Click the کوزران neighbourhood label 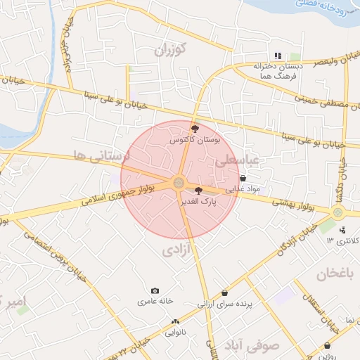click(169, 49)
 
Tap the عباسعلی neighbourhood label click(237, 161)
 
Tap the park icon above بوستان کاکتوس click(195, 129)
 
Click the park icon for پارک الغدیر click(198, 190)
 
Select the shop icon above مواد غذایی click(243, 179)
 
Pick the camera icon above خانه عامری click(155, 290)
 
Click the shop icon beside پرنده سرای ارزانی click(225, 292)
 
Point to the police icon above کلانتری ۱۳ click(342, 229)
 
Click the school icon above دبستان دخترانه click(278, 56)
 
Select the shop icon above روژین click(328, 345)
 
